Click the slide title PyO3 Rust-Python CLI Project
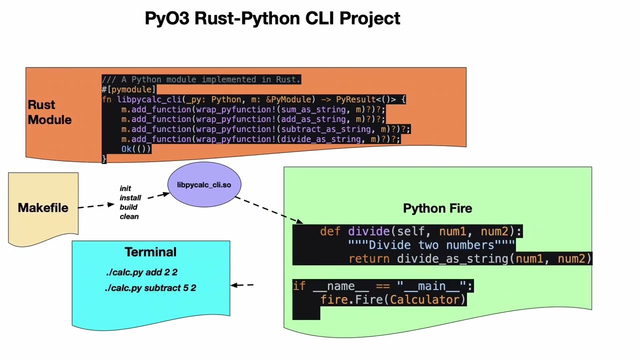pos(272,18)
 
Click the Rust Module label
pos(49,112)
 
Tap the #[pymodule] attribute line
pos(128,89)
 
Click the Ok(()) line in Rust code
pos(135,149)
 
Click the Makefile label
pos(43,208)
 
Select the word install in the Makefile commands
pos(130,198)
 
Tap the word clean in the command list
pos(129,216)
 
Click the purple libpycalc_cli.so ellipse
pos(204,185)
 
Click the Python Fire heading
pos(437,208)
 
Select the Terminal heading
pos(150,252)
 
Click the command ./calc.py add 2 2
pos(141,272)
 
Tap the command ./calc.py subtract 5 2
pos(150,288)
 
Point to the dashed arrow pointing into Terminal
pos(242,285)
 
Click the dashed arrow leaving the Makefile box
pos(96,205)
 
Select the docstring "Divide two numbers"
pos(431,245)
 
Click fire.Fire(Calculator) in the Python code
pos(393,299)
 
